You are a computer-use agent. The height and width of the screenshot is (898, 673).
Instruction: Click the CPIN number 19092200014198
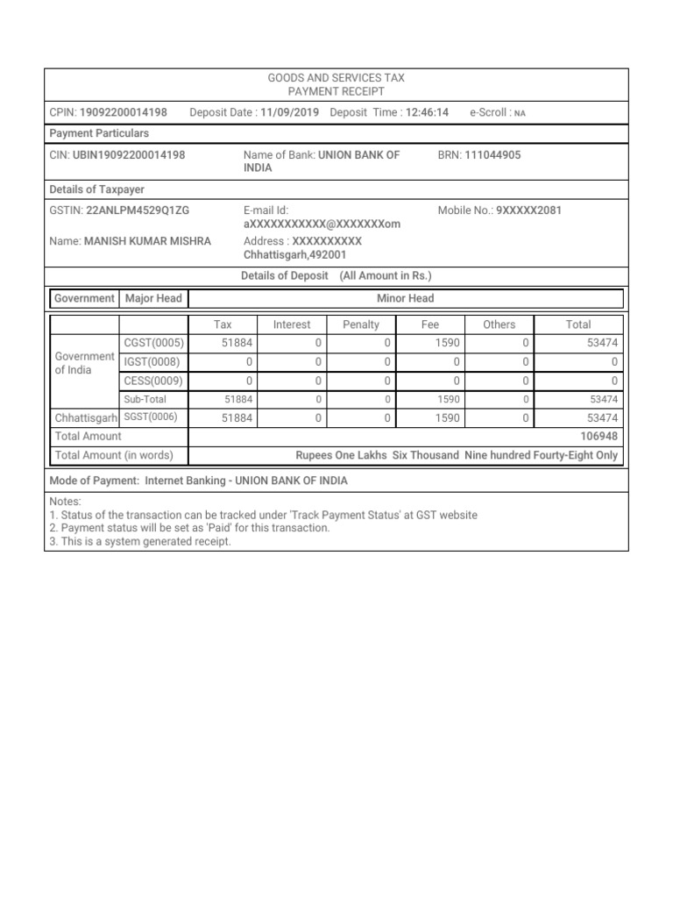click(123, 112)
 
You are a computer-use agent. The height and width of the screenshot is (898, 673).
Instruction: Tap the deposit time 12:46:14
click(428, 112)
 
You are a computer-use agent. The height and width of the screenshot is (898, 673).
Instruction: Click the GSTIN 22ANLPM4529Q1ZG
click(138, 210)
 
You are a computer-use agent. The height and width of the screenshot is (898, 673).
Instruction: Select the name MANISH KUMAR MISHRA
click(147, 240)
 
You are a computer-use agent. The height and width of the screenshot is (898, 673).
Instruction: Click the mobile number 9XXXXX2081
click(528, 210)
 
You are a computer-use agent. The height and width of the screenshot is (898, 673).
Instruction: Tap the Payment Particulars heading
click(99, 133)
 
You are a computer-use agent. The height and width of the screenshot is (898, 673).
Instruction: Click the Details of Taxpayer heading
click(97, 189)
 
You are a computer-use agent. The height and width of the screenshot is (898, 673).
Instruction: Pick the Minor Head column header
click(405, 298)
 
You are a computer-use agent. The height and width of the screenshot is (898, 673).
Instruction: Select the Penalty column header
click(361, 324)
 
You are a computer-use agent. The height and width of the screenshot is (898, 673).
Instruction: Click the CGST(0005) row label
click(154, 343)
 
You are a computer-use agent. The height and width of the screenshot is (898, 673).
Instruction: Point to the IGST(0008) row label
click(153, 361)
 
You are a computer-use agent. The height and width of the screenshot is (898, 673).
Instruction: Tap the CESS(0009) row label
click(154, 381)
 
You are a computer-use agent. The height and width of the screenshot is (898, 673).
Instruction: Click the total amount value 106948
click(599, 436)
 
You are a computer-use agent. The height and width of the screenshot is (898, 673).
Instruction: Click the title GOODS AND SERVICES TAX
click(336, 78)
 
